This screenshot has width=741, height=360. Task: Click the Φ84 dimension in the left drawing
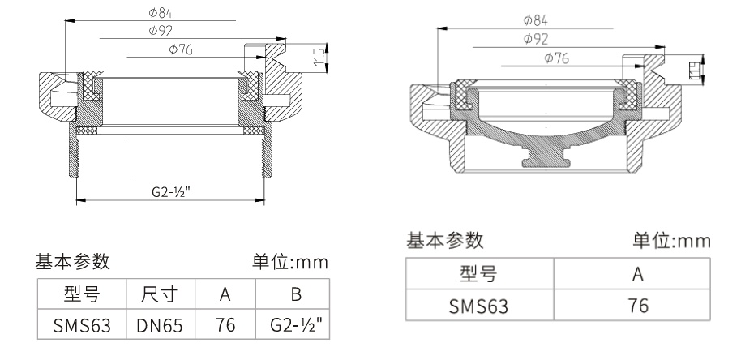click(161, 13)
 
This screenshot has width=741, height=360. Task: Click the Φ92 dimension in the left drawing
click(161, 31)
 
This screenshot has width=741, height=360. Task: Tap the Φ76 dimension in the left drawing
click(182, 49)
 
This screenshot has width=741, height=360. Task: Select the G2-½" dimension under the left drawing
click(171, 193)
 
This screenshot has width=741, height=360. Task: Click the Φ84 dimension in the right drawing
click(535, 19)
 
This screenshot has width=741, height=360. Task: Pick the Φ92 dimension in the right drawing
click(535, 38)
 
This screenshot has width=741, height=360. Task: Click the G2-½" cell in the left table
click(293, 325)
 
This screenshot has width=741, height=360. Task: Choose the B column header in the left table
click(293, 294)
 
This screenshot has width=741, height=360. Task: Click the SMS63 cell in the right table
click(478, 306)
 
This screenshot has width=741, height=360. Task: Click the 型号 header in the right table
click(478, 275)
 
